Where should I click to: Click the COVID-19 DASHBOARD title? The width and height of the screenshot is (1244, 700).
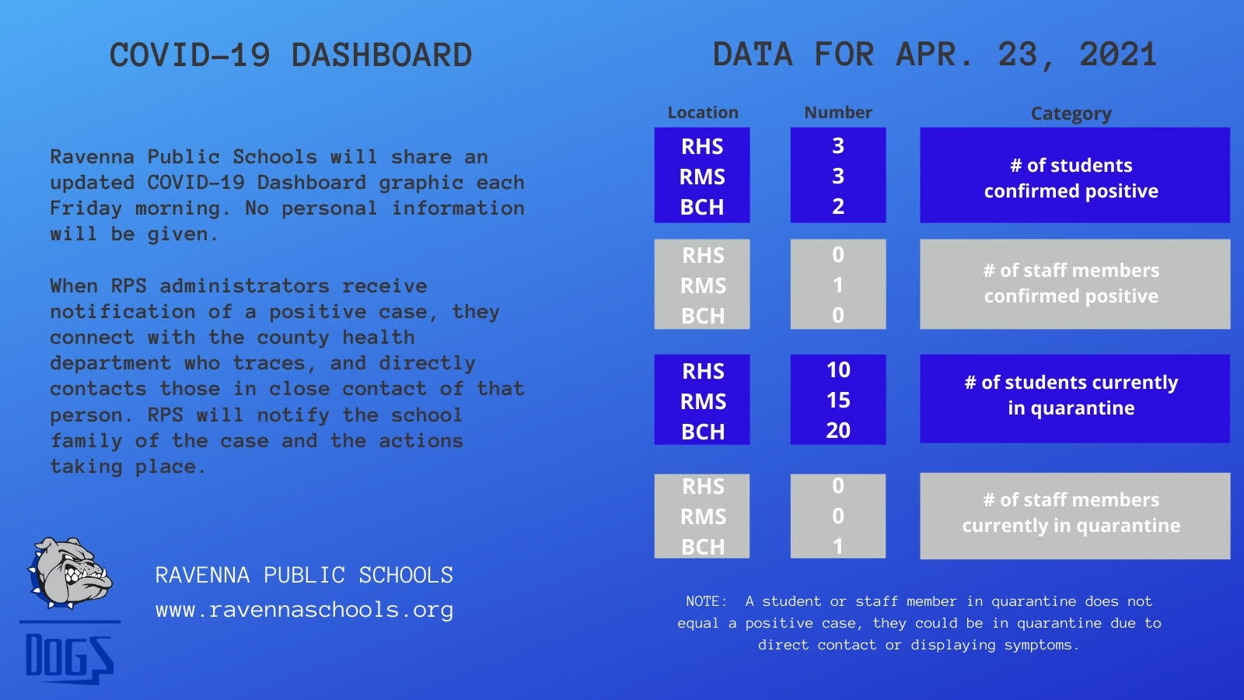pos(291,55)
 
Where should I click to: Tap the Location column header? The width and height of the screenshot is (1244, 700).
pos(703,112)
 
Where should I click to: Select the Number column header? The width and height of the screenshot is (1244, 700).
pos(838,112)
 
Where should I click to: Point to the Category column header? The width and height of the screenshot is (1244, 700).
pos(1071,114)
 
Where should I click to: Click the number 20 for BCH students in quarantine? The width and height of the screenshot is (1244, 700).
pos(838,431)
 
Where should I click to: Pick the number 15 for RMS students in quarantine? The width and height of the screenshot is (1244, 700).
pos(838,401)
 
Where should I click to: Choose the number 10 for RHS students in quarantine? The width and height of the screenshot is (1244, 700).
pos(838,370)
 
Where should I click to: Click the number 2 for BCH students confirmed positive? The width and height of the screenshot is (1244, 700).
pos(838,207)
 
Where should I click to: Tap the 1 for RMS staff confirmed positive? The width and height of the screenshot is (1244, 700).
pos(838,285)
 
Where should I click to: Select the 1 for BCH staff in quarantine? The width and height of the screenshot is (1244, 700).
pos(838,547)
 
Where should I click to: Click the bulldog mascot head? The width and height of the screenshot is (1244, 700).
pos(70,572)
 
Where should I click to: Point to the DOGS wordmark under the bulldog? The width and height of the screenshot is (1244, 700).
pos(69,658)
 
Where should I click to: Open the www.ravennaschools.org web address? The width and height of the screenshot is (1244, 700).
pos(304,610)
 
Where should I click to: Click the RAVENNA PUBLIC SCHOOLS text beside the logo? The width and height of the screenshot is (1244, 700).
pos(304,575)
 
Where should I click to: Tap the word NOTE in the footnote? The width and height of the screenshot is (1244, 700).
pos(706,601)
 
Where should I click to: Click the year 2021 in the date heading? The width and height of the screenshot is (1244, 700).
pos(1118,54)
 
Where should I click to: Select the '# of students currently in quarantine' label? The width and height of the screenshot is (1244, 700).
pos(1071,395)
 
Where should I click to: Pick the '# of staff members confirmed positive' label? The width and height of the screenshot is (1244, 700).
pos(1071,283)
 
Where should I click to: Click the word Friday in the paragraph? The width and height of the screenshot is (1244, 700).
pos(86,209)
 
